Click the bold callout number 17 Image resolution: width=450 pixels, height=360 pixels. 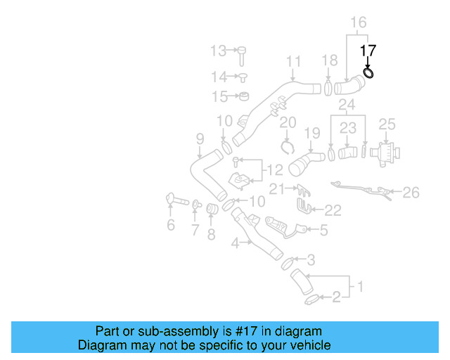pos(368,51)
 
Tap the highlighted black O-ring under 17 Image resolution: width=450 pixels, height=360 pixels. pos(368,72)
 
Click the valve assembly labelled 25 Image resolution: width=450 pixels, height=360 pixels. pos(384,153)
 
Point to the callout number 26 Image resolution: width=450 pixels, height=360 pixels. pos(411,191)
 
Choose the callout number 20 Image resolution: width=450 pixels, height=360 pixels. pos(288,124)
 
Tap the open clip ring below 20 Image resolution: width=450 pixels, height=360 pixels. pos(287,146)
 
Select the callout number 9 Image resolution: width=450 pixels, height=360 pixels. pos(200,138)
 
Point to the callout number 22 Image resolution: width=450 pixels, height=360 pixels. pos(333,210)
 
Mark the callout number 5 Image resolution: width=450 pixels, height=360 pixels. pos(323,229)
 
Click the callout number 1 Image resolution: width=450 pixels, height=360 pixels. pos(360,286)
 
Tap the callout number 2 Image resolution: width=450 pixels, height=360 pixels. pos(335,298)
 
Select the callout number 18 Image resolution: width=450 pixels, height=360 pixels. pos(329,61)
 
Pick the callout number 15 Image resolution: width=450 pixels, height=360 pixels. pos(220,96)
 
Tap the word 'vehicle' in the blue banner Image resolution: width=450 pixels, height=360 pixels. pos(309,346)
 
